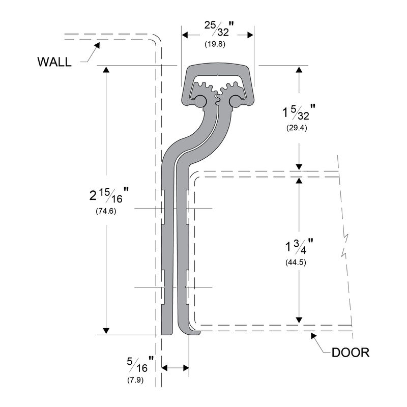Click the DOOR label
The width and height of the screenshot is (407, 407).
[350, 353]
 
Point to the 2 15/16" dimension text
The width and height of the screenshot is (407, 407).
[108, 195]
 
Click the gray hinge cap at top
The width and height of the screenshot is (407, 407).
[218, 71]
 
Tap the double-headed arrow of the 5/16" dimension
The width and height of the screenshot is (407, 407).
[175, 366]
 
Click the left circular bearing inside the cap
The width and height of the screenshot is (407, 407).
[199, 101]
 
